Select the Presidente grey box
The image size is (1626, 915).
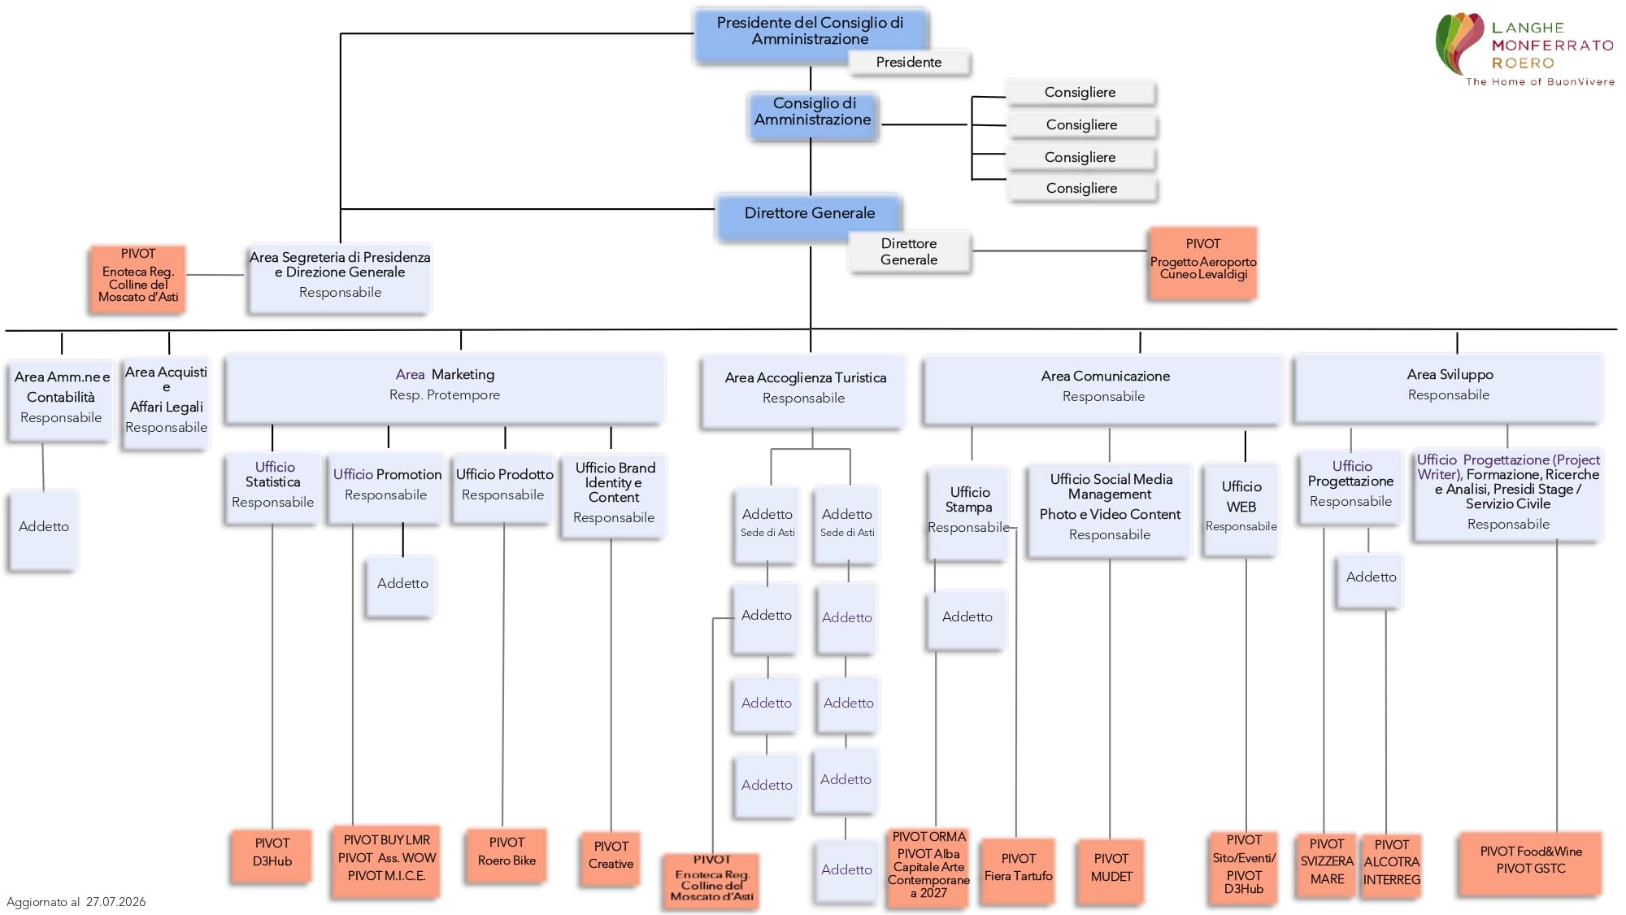909,63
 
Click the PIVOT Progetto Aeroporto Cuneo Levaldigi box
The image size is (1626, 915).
1203,264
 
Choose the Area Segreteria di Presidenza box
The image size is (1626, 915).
340,278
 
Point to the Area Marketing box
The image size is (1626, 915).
445,389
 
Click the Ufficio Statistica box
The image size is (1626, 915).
272,489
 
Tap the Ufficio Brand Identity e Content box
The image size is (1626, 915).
614,496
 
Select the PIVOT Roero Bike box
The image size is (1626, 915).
506,856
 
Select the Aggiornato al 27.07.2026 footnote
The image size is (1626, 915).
76,901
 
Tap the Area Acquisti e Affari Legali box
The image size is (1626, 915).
167,403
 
